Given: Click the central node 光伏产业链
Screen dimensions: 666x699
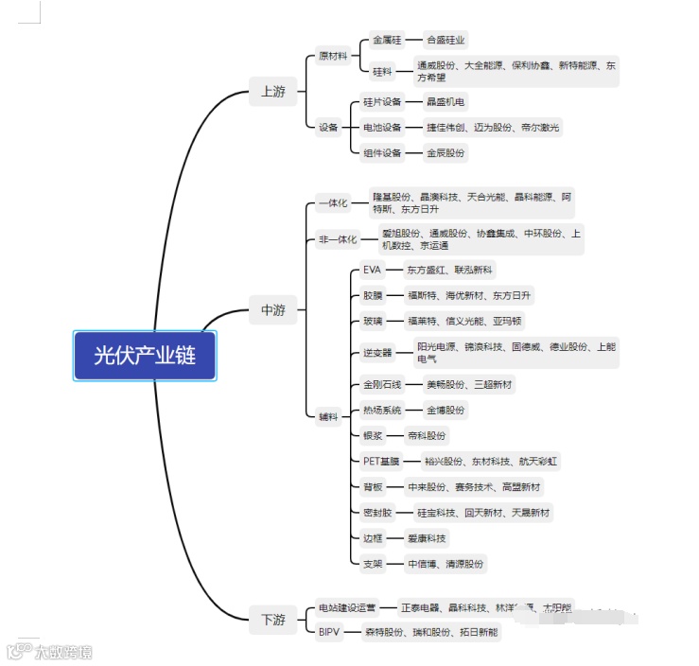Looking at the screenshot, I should (x=145, y=355).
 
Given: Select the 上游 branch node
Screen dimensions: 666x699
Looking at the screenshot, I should (x=272, y=92).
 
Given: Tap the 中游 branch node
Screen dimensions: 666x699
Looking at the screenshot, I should (x=272, y=309).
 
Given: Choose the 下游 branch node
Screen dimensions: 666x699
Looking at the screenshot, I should (x=272, y=620).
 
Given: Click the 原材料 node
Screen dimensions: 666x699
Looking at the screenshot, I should (x=333, y=56).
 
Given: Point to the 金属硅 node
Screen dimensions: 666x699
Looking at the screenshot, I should (x=387, y=41).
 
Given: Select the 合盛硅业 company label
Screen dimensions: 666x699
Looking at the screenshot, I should (x=446, y=41).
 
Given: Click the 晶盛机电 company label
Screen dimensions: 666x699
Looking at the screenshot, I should (x=446, y=101).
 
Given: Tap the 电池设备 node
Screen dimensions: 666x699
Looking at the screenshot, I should (x=382, y=127).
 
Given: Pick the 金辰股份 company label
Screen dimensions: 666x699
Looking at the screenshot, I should (x=446, y=152).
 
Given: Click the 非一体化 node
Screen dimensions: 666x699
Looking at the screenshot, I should (x=338, y=239).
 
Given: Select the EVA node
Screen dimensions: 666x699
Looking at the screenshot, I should (x=372, y=270).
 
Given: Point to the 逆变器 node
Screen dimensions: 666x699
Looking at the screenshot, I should (x=376, y=353).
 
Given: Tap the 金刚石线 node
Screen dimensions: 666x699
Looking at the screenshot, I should (x=382, y=385).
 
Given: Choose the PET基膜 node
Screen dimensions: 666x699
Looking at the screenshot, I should (x=381, y=462).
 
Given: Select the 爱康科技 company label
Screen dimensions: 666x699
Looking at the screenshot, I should (x=427, y=538).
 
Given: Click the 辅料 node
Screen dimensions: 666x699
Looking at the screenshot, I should (x=328, y=417).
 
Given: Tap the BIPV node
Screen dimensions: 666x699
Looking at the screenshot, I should (x=329, y=632).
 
